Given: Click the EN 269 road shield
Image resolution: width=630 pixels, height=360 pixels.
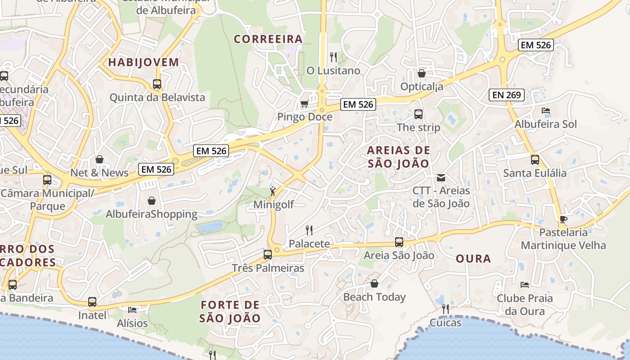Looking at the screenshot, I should pyautogui.click(x=507, y=95).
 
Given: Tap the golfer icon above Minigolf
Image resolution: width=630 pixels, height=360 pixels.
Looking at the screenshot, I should pyautogui.click(x=273, y=192).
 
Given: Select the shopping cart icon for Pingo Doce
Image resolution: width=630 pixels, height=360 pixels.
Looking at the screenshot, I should pyautogui.click(x=304, y=104).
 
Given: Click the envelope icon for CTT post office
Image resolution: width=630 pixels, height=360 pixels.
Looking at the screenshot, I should pyautogui.click(x=441, y=178).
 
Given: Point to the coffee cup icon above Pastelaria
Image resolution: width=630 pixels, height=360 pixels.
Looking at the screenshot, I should pyautogui.click(x=563, y=220).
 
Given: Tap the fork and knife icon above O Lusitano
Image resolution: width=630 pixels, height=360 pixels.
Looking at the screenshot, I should pyautogui.click(x=333, y=57).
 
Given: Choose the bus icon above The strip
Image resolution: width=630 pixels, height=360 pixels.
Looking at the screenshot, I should pyautogui.click(x=418, y=114).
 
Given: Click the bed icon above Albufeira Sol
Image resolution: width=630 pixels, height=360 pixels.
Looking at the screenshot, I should pyautogui.click(x=546, y=111).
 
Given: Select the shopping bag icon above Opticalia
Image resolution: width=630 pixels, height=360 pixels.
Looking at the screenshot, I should pyautogui.click(x=422, y=73).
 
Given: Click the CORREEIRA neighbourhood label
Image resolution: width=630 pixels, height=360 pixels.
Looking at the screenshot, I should pyautogui.click(x=268, y=39).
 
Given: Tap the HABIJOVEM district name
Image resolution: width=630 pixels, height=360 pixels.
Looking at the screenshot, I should pyautogui.click(x=144, y=62).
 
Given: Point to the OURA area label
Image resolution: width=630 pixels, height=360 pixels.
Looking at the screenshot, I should pyautogui.click(x=473, y=259).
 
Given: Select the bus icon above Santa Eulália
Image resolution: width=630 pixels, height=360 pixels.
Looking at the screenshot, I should pyautogui.click(x=535, y=160).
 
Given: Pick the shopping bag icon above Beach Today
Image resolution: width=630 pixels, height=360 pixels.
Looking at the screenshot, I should pyautogui.click(x=374, y=283).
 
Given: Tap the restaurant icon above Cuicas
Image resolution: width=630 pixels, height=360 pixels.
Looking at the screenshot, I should pyautogui.click(x=445, y=309).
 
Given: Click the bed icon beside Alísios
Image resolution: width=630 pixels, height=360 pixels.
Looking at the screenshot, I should pyautogui.click(x=132, y=310).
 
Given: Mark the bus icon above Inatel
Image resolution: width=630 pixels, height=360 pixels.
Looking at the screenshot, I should pyautogui.click(x=92, y=302).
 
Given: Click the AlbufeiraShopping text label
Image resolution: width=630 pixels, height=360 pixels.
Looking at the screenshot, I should pyautogui.click(x=152, y=214).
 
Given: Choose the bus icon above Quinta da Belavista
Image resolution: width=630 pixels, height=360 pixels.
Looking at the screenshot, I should pyautogui.click(x=157, y=84).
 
